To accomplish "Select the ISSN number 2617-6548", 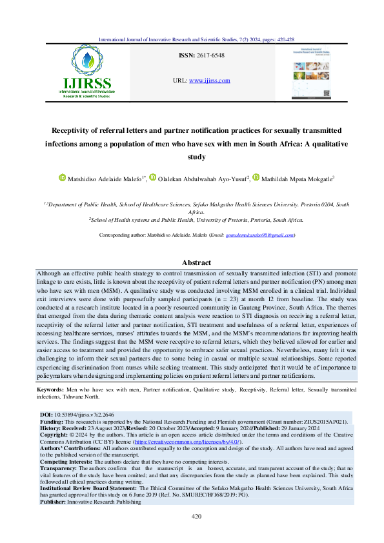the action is pos(217,57).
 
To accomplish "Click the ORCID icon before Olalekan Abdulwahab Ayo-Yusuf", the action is pos(153,177).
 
